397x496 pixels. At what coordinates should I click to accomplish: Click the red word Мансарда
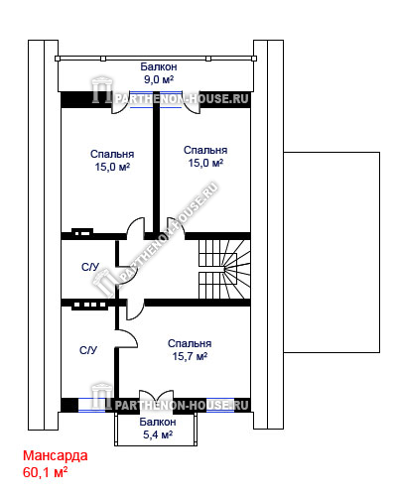tap(56, 456)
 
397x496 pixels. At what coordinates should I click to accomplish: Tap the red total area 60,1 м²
tap(45, 472)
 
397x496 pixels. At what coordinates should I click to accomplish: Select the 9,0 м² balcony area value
tap(159, 79)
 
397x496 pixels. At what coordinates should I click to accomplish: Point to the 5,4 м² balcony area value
tap(158, 434)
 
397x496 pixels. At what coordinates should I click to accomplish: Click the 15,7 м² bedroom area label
tap(190, 356)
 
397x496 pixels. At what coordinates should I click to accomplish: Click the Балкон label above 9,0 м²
tap(159, 66)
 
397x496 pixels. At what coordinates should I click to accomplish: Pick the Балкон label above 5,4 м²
tap(158, 422)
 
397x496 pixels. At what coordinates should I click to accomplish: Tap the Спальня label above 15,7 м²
tap(190, 343)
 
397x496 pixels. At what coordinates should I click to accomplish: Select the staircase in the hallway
tap(224, 269)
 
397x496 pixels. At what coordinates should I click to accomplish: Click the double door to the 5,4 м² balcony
tap(157, 401)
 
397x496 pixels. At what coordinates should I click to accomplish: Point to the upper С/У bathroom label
tap(90, 267)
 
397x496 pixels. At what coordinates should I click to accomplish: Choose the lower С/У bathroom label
tap(88, 350)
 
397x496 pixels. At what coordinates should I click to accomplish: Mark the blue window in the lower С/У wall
tap(91, 405)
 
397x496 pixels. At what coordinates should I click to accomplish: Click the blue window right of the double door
tap(220, 405)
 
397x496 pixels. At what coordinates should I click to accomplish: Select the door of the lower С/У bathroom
tap(126, 338)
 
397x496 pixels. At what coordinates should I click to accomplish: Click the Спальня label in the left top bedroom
tap(112, 154)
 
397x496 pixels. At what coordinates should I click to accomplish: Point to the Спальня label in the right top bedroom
tap(205, 150)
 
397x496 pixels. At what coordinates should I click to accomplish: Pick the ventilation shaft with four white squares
tap(90, 305)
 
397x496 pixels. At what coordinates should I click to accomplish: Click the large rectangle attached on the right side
tap(331, 252)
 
